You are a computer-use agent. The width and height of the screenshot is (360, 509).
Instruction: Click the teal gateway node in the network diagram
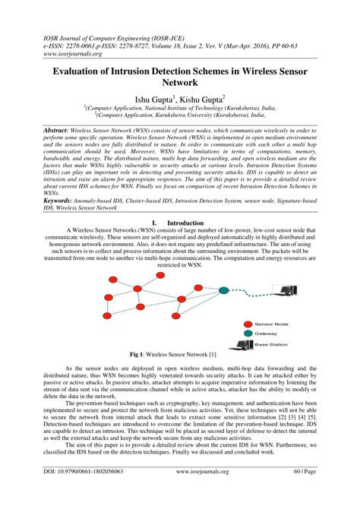tap(223, 289)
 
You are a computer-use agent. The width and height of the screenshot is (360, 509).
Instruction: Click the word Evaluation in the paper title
tap(83, 69)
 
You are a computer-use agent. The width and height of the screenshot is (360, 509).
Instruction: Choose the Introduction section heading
tap(185, 224)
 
